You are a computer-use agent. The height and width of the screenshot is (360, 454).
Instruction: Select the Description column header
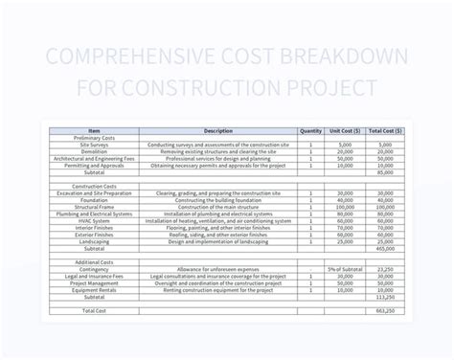pos(218,131)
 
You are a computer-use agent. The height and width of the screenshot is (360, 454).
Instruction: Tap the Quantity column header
pos(310,131)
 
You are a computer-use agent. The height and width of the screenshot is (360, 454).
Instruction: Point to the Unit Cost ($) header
pos(344,131)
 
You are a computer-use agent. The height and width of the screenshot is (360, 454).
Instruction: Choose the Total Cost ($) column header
pos(383,131)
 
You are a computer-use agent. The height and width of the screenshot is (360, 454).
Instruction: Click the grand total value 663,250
pos(384,311)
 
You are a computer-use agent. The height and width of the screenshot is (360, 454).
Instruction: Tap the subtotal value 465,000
pos(384,247)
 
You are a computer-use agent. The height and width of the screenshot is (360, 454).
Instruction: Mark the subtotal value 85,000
pos(384,172)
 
